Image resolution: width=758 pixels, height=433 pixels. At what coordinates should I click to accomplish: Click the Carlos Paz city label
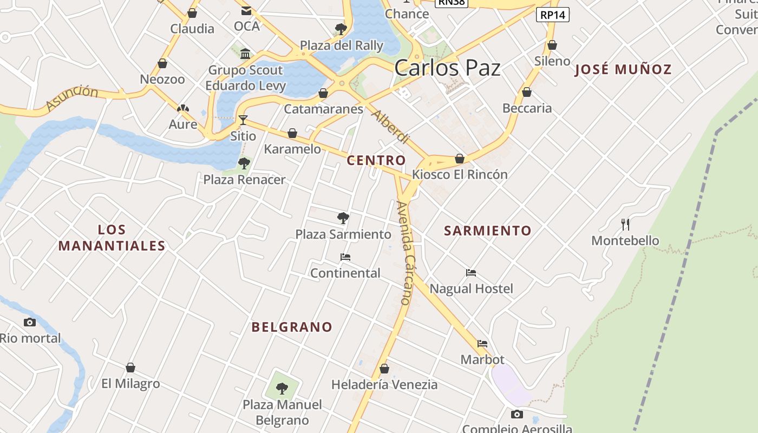[x=447, y=68]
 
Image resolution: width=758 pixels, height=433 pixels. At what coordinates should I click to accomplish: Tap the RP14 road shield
[x=552, y=15]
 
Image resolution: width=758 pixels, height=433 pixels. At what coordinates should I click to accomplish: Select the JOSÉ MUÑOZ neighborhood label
[x=623, y=69]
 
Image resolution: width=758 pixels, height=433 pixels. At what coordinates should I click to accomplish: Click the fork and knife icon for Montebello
[x=625, y=224]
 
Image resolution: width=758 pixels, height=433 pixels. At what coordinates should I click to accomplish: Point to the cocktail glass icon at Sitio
[x=243, y=120]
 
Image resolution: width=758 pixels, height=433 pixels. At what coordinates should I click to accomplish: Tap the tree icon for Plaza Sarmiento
[x=343, y=218]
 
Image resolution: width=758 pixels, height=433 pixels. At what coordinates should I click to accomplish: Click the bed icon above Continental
[x=345, y=257]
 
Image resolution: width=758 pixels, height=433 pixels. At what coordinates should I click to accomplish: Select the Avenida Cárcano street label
[x=404, y=253]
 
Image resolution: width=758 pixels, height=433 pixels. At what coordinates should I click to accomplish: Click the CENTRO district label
[x=376, y=160]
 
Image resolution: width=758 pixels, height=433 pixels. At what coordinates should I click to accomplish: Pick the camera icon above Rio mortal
[x=30, y=323]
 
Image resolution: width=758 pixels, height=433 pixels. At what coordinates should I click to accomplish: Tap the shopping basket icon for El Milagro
[x=130, y=368]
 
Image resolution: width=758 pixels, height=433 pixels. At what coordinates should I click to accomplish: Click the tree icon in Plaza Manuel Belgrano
[x=282, y=388]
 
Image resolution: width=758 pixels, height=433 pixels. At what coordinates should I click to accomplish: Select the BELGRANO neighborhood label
[x=292, y=327]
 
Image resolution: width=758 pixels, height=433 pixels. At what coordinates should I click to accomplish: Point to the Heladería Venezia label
[x=384, y=385]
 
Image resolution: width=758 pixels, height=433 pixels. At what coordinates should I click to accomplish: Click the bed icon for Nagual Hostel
[x=471, y=273]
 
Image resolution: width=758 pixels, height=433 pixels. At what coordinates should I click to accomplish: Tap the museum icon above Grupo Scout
[x=245, y=54]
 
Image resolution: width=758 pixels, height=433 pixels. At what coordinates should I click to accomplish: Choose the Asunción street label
[x=72, y=97]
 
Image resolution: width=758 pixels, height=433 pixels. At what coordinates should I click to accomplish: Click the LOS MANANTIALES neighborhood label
[x=112, y=238]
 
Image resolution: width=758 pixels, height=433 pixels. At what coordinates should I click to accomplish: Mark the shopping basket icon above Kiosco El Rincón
[x=460, y=159]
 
